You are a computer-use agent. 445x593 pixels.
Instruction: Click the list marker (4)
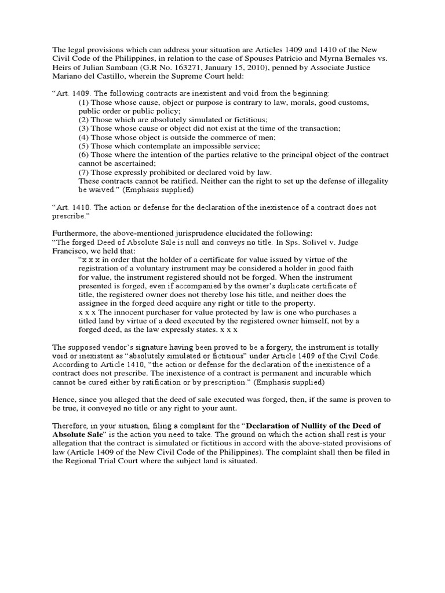[x=84, y=137]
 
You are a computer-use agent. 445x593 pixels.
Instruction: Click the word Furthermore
[x=73, y=233]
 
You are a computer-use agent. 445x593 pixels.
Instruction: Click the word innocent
[x=128, y=312]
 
